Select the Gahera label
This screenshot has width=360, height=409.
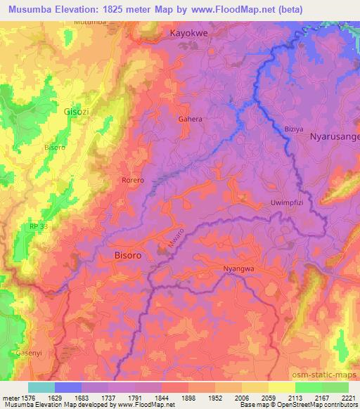point(190,119)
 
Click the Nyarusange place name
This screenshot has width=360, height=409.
point(335,138)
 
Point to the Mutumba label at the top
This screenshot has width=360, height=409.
point(89,22)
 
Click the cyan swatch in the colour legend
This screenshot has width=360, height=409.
point(41,387)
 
